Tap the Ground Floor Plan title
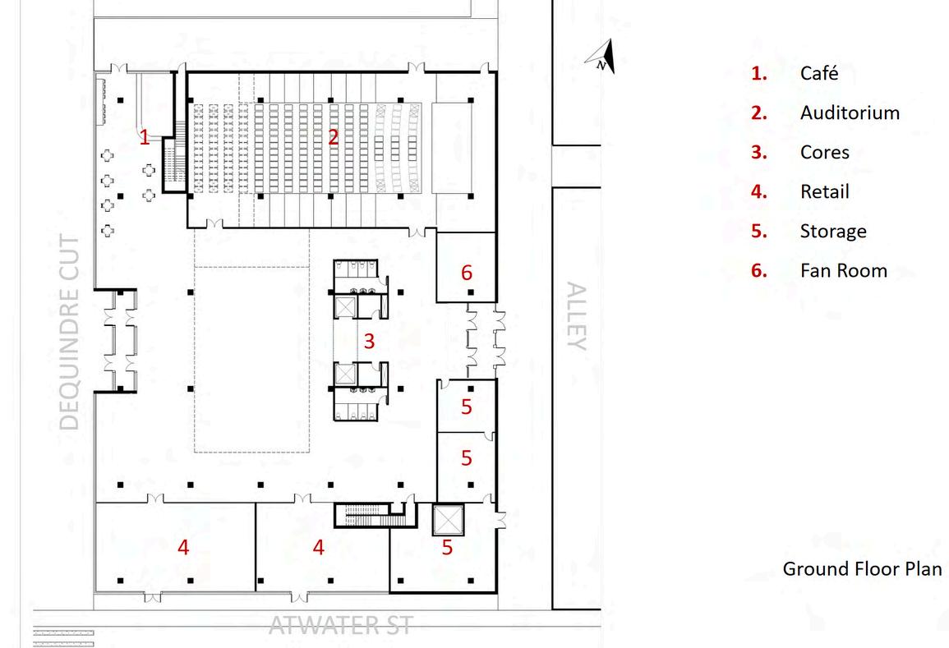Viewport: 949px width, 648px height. [861, 568]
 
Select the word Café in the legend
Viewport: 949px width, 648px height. [819, 73]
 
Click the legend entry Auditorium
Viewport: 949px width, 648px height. [850, 113]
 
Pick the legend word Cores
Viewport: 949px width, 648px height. [824, 152]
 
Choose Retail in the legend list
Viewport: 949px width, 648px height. [824, 191]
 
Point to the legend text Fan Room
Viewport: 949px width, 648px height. [843, 270]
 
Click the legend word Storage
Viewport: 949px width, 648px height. [832, 231]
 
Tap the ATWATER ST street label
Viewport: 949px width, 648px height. [340, 626]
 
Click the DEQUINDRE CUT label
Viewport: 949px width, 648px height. [71, 333]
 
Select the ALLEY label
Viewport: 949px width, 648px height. [577, 316]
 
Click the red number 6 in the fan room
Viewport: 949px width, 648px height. [467, 272]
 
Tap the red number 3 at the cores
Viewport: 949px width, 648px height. [369, 340]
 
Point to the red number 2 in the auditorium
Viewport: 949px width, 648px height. [333, 137]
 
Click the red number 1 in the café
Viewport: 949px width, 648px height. [145, 137]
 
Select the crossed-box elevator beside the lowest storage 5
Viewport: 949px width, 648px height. [449, 519]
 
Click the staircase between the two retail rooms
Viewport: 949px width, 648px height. [371, 515]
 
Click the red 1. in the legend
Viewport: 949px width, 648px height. [758, 73]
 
